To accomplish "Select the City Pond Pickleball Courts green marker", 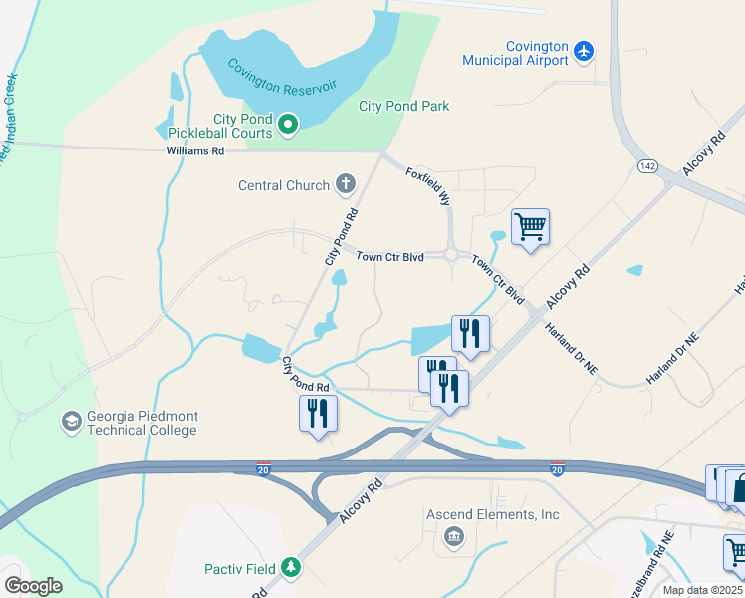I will pyautogui.click(x=288, y=125).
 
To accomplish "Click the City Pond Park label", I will pyautogui.click(x=403, y=106).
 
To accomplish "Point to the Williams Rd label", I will pyautogui.click(x=195, y=150).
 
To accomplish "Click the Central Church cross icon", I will pyautogui.click(x=346, y=183).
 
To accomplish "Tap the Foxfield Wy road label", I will pyautogui.click(x=429, y=186).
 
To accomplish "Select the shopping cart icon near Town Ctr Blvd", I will pyautogui.click(x=530, y=226).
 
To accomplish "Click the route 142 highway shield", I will pyautogui.click(x=648, y=165).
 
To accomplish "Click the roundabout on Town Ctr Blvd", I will pyautogui.click(x=452, y=255).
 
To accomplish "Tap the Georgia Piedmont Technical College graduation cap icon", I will pyautogui.click(x=71, y=423).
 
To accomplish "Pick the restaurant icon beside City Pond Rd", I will pyautogui.click(x=318, y=412).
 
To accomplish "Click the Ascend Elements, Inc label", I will pyautogui.click(x=492, y=514).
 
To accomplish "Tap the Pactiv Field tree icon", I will pyautogui.click(x=291, y=567).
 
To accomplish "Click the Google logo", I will pyautogui.click(x=33, y=586).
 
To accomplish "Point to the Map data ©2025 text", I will pyautogui.click(x=702, y=590).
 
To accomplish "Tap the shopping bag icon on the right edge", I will pyautogui.click(x=738, y=488).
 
